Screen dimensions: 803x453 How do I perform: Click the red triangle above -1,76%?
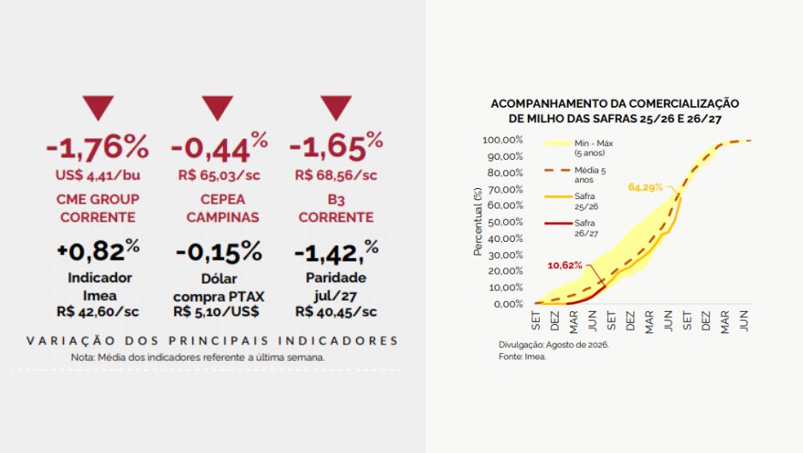[x=98, y=108]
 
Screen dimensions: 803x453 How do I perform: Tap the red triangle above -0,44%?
[x=217, y=108]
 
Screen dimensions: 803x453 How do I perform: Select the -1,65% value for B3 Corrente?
[x=336, y=145]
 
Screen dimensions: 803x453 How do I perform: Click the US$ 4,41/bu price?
[x=98, y=175]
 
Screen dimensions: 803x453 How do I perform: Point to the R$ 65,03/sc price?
[x=219, y=175]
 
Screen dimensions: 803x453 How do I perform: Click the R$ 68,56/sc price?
[x=336, y=175]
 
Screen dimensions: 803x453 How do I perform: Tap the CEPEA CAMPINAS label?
[x=223, y=208]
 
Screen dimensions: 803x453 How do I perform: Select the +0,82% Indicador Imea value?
[x=98, y=250]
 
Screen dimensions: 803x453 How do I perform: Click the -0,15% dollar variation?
[x=219, y=251]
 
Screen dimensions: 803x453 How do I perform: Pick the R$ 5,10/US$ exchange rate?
[x=216, y=312]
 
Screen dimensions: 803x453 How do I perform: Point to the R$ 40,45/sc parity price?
[x=336, y=312]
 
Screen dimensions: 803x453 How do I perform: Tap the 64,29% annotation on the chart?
[x=646, y=187]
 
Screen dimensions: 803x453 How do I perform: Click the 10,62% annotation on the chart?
[x=565, y=266]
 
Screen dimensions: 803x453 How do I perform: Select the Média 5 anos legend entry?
[x=576, y=174]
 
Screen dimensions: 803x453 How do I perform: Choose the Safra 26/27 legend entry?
[x=571, y=228]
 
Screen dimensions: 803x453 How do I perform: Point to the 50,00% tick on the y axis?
[x=506, y=222]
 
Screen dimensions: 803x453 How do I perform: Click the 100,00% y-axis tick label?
[x=503, y=140]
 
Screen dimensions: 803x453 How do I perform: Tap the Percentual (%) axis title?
[x=478, y=221]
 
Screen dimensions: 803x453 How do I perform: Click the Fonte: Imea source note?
[x=522, y=356]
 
